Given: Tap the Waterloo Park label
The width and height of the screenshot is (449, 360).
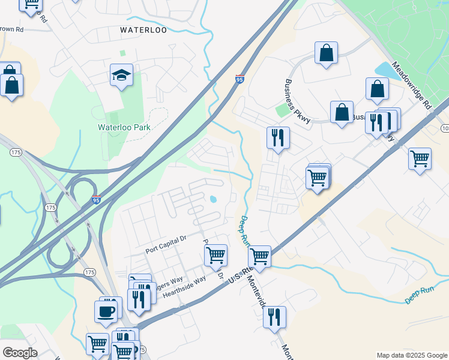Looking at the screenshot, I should coord(124,127).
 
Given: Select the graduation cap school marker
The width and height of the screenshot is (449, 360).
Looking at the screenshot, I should coord(121,76).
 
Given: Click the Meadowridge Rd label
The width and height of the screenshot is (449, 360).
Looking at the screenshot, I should coord(411,85).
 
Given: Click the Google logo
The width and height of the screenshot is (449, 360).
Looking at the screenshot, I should coord(20,353).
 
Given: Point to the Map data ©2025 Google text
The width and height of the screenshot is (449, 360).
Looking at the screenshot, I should coord(412,355).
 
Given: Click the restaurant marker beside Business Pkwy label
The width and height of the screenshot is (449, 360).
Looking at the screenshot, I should coord(278,137).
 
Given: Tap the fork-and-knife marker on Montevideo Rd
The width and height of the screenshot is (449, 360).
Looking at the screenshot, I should coord(274,317).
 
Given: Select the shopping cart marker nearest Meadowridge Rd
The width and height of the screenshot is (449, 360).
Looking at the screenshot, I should coord(420,159).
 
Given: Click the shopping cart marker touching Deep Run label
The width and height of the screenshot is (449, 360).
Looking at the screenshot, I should coord(259,256).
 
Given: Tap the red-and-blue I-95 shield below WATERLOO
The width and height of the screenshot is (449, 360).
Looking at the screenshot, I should coord(240,79).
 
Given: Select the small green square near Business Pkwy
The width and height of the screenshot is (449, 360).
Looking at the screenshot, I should coord(282,110).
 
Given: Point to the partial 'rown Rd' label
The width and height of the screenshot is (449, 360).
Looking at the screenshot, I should coord(12,28).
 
